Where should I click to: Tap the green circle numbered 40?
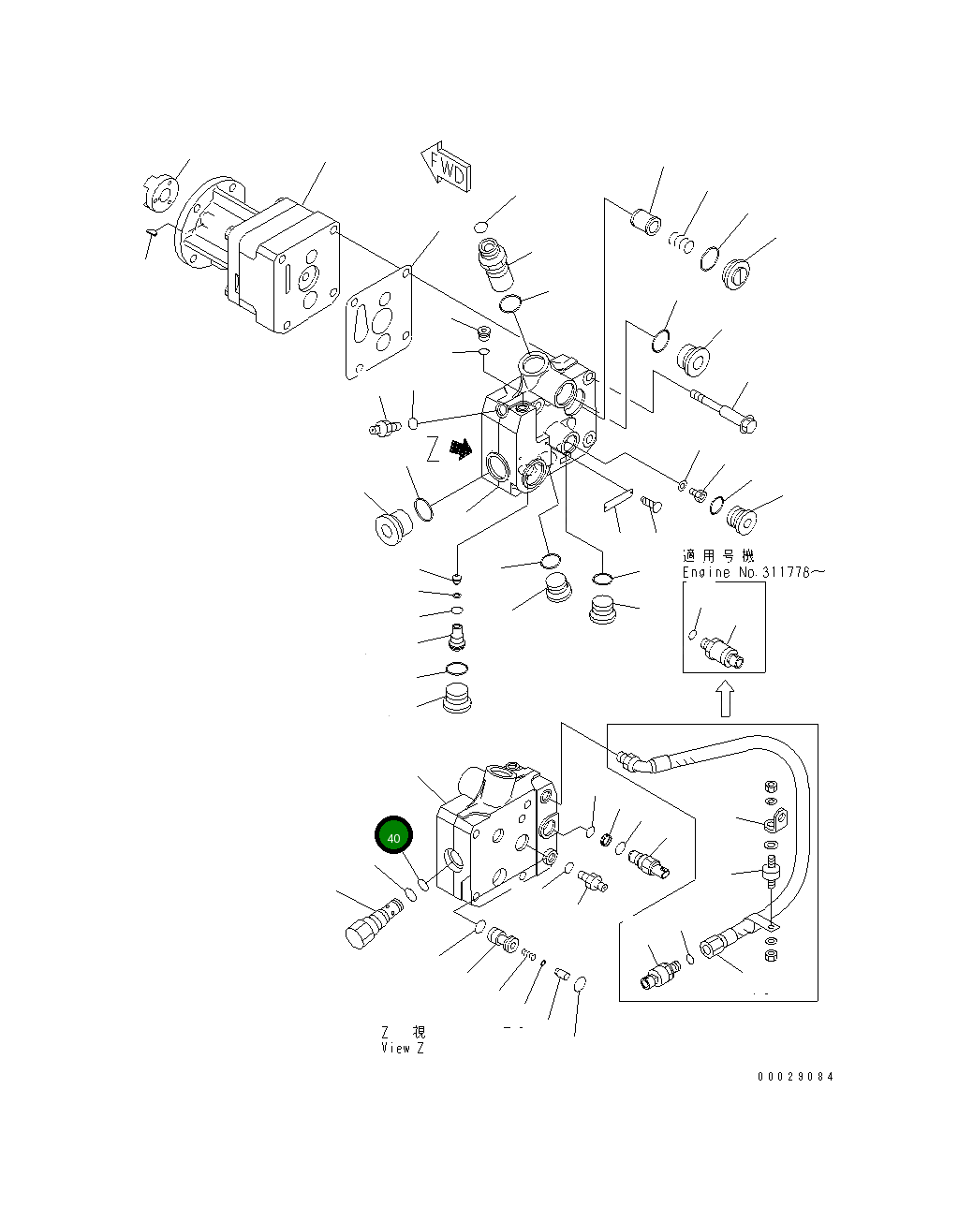coord(393,837)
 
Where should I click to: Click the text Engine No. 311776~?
coord(753,572)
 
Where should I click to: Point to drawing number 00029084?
coord(794,1077)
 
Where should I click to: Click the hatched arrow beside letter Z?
coord(459,450)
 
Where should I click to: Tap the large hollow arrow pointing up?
coord(725,698)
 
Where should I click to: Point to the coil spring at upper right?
coord(682,243)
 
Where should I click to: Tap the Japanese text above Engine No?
coord(717,556)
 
